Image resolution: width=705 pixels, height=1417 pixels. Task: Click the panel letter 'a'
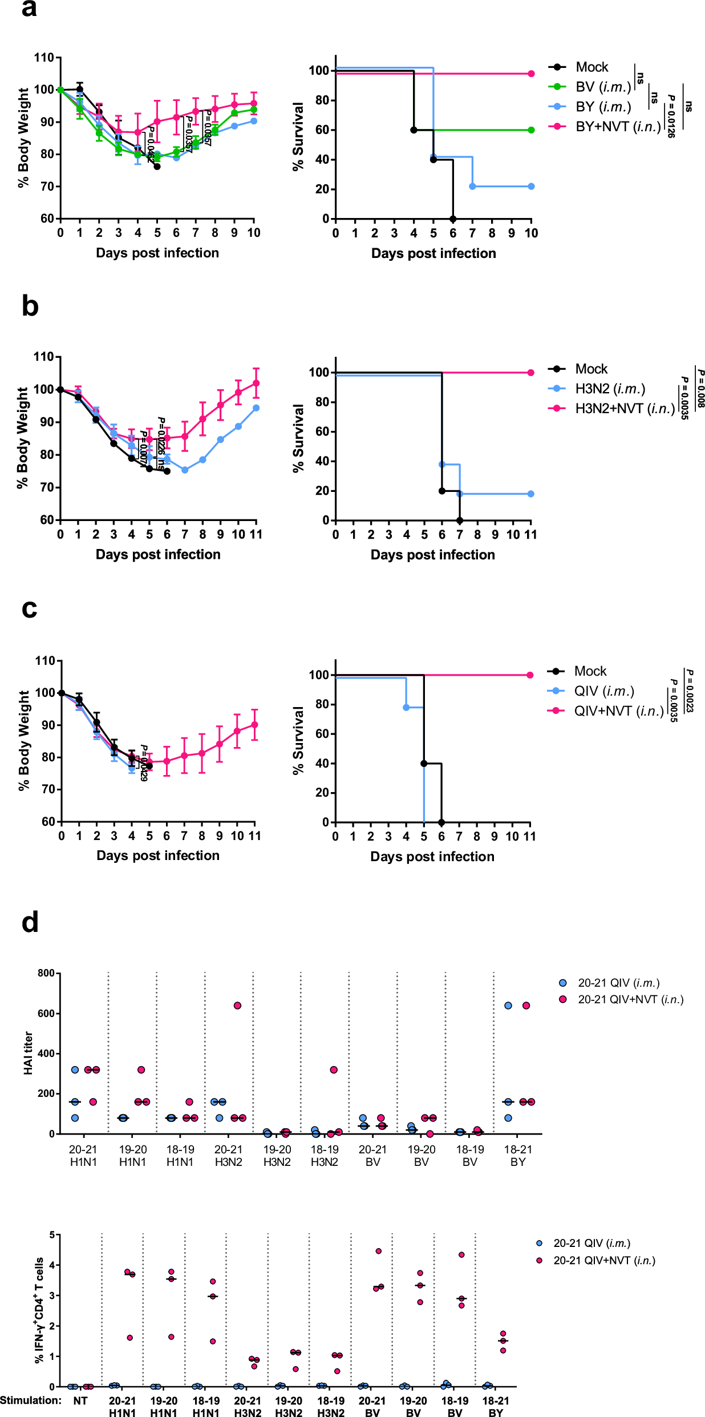coord(29,10)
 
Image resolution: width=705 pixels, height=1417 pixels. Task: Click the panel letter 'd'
coord(30,923)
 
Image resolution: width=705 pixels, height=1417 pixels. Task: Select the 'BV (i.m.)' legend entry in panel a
coord(603,87)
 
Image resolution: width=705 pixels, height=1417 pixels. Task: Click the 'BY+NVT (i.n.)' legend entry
coord(618,127)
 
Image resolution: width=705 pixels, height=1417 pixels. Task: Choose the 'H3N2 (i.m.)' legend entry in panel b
coord(610,389)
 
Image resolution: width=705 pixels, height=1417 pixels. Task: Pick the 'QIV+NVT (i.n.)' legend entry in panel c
coord(619,711)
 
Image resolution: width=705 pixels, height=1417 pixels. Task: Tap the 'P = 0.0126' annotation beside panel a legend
coord(671,116)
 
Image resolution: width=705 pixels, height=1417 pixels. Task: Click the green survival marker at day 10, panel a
coord(531,130)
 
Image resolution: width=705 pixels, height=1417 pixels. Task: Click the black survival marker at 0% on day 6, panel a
coord(453,219)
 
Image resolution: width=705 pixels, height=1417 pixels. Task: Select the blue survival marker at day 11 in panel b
coord(530,494)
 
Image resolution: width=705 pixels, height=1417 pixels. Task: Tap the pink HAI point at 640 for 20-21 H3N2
coord(237,1006)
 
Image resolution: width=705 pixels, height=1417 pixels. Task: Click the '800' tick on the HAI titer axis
coord(46,973)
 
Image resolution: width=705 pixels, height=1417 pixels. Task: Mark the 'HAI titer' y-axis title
coord(28,1053)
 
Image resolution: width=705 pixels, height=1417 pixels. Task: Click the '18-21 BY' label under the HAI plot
coord(517,1156)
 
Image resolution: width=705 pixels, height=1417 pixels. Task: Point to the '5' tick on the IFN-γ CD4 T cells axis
coord(52,1235)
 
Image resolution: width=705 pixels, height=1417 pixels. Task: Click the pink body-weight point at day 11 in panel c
coord(254,725)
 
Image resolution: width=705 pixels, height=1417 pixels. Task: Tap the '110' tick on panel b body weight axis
coord(44,357)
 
